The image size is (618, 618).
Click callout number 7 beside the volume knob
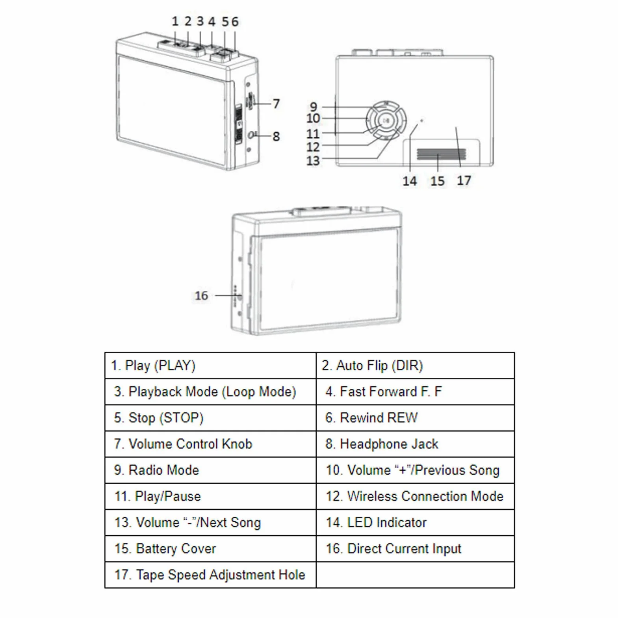(276, 104)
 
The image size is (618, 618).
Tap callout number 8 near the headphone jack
(276, 136)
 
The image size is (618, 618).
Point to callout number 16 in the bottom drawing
(201, 295)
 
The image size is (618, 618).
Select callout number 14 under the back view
(410, 181)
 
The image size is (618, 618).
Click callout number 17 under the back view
(464, 180)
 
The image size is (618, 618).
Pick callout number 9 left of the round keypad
(314, 107)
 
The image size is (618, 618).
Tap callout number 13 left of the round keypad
(313, 161)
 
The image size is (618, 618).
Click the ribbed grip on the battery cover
(441, 154)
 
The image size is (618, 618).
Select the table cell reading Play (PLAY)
(210, 366)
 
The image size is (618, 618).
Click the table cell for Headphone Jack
(415, 444)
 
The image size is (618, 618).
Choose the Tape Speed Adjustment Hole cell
(210, 575)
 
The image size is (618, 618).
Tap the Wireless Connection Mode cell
(415, 496)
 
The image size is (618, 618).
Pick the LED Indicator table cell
(415, 522)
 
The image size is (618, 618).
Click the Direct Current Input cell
(415, 549)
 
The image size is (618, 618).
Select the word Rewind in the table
(361, 418)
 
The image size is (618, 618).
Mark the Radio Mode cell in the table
(210, 470)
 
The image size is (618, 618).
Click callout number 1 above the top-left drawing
(175, 21)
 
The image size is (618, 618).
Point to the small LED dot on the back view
(421, 121)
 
